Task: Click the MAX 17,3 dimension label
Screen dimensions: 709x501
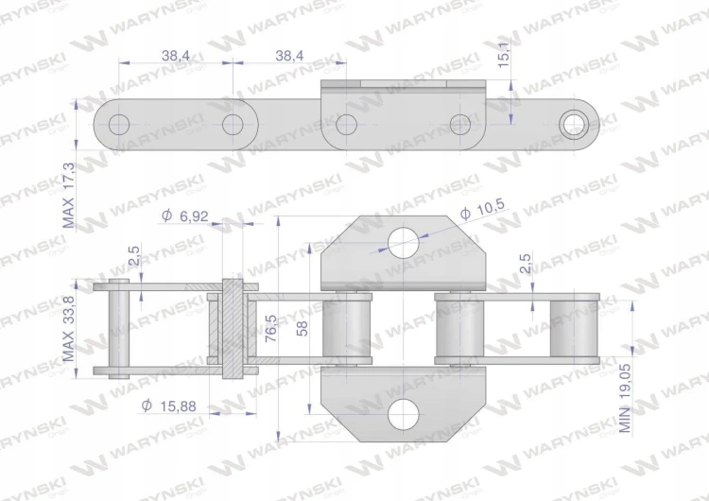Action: coord(68,196)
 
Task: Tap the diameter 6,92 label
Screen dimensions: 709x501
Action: coord(185,216)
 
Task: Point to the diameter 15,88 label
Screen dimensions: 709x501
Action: coord(168,406)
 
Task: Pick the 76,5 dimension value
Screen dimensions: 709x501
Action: coord(271,328)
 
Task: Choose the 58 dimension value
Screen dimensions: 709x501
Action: coord(303,328)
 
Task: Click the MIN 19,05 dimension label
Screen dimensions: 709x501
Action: coord(625,398)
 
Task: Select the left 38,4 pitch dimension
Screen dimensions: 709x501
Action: coord(176,56)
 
